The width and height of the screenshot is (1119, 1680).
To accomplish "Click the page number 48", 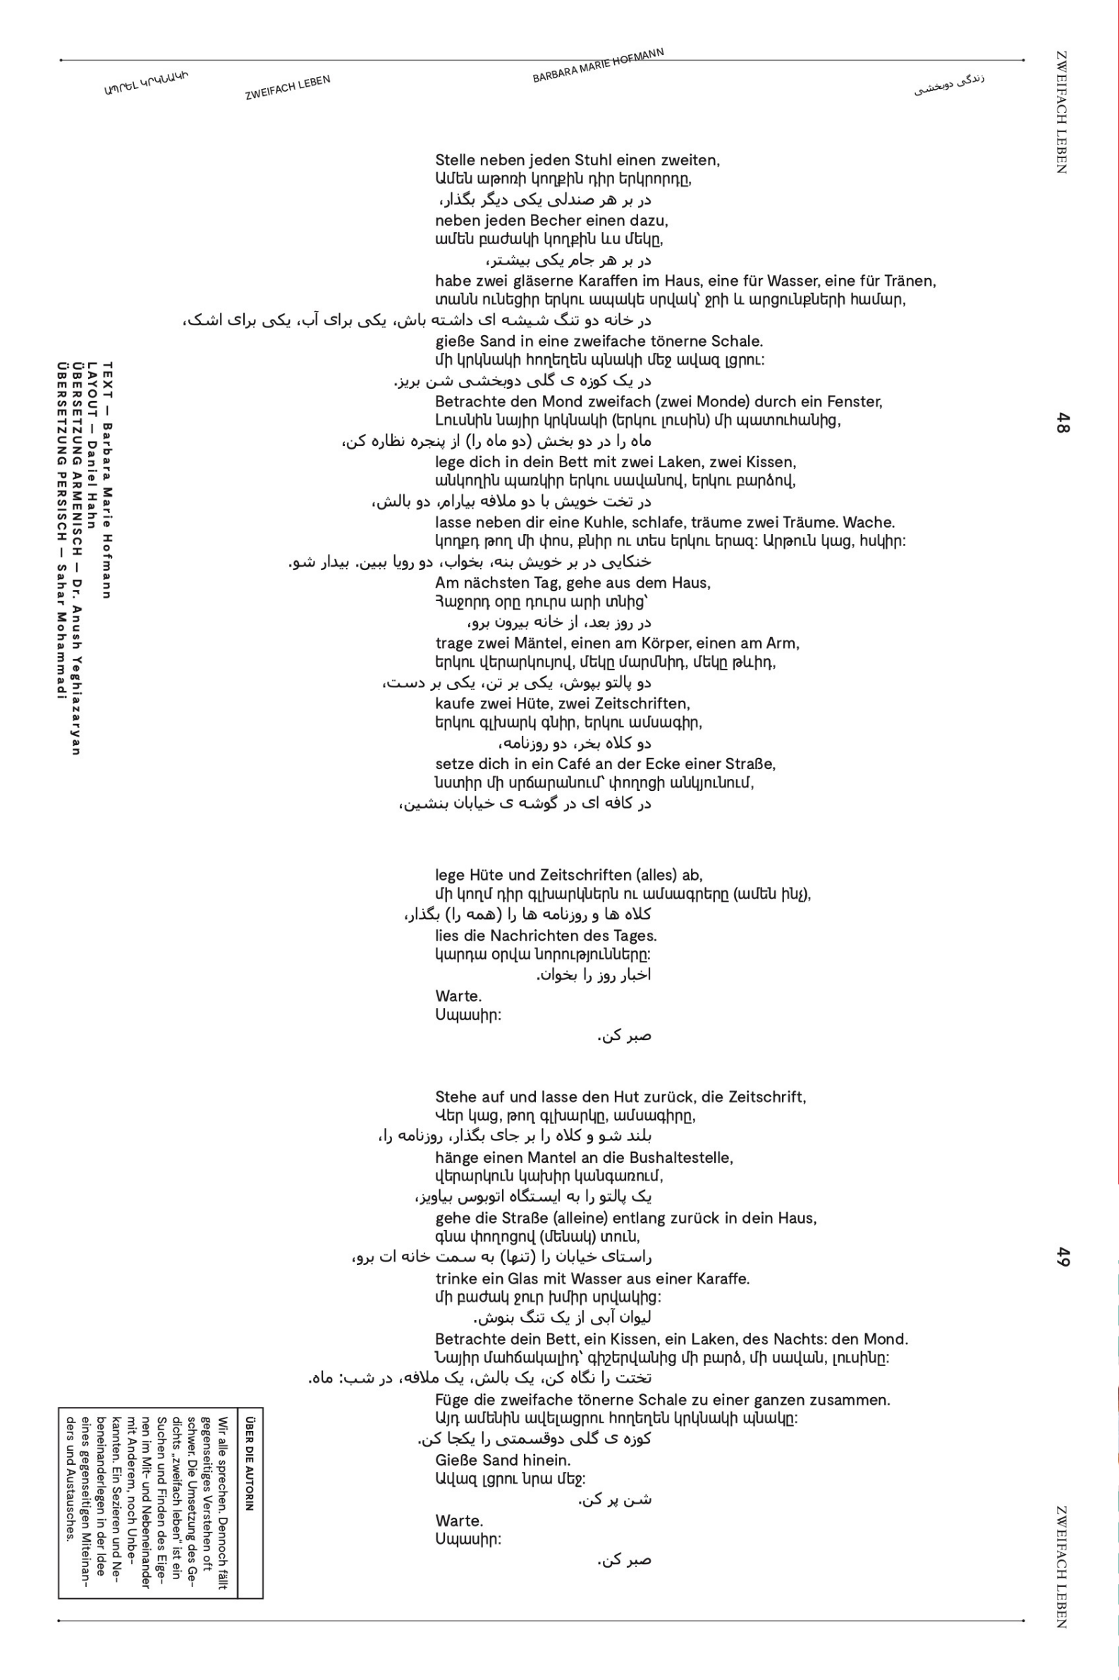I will (x=1063, y=423).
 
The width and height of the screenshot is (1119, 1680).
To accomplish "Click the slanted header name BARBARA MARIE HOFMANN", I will (x=598, y=66).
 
